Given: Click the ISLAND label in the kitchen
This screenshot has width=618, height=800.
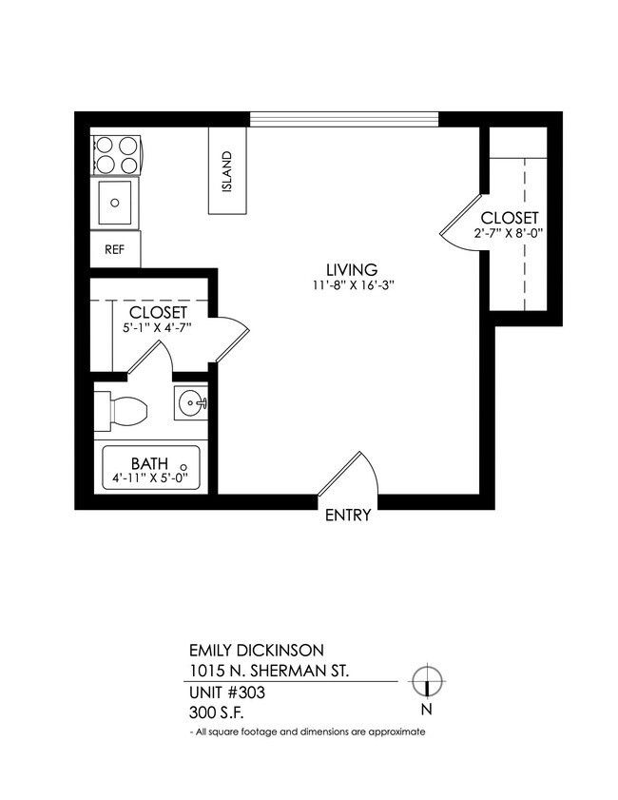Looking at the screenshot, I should coord(227,172).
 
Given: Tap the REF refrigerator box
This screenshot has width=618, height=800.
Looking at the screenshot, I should coord(115,250).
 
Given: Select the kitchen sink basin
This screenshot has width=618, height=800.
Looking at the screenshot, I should coord(116,202).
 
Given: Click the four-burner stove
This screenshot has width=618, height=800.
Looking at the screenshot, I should coord(116,155).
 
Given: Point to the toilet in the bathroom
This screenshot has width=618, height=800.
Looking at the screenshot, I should coord(124,411).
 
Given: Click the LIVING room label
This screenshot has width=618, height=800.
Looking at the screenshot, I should coord(352,269).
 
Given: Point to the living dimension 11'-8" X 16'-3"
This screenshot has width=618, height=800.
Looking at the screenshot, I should coord(352,284).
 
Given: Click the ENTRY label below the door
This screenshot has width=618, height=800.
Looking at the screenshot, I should coord(348,517).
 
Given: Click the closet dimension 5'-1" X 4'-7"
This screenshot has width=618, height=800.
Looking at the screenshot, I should coord(158,328).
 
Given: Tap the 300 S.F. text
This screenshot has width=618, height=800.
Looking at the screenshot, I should coord(218,712).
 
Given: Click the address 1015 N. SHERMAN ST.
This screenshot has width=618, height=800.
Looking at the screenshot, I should coord(269,672).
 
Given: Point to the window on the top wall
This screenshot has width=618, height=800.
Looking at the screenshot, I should coord(344,119).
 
